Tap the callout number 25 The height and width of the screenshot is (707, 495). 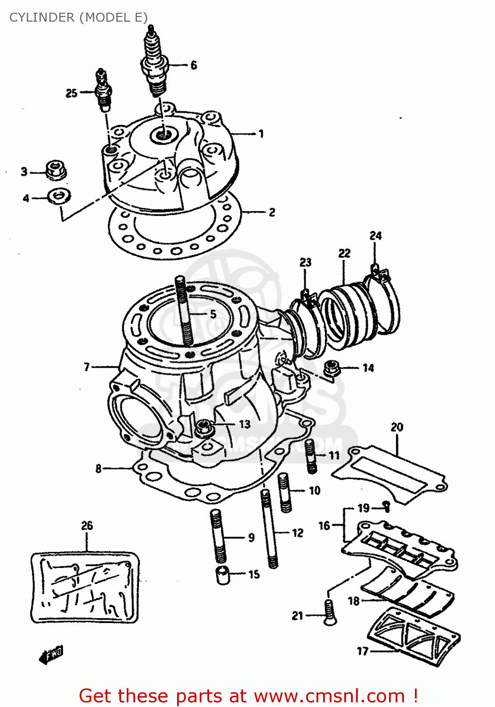pos(72,93)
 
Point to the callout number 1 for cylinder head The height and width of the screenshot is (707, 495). pos(260,134)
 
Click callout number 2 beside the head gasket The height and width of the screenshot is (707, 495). pos(272,212)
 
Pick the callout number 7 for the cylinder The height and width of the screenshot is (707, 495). pos(87,367)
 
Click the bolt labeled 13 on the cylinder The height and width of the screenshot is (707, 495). pos(204,428)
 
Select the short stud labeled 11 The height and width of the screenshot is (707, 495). pos(310,456)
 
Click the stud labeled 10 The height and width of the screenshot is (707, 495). pos(285,493)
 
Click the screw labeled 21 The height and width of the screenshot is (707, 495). pos(329,613)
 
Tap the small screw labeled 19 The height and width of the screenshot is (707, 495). pos(386,506)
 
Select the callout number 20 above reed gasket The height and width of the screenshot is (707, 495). pos(397,427)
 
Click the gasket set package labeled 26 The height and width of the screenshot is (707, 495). pos(85,586)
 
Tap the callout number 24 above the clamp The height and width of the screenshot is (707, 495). pos(375,236)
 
